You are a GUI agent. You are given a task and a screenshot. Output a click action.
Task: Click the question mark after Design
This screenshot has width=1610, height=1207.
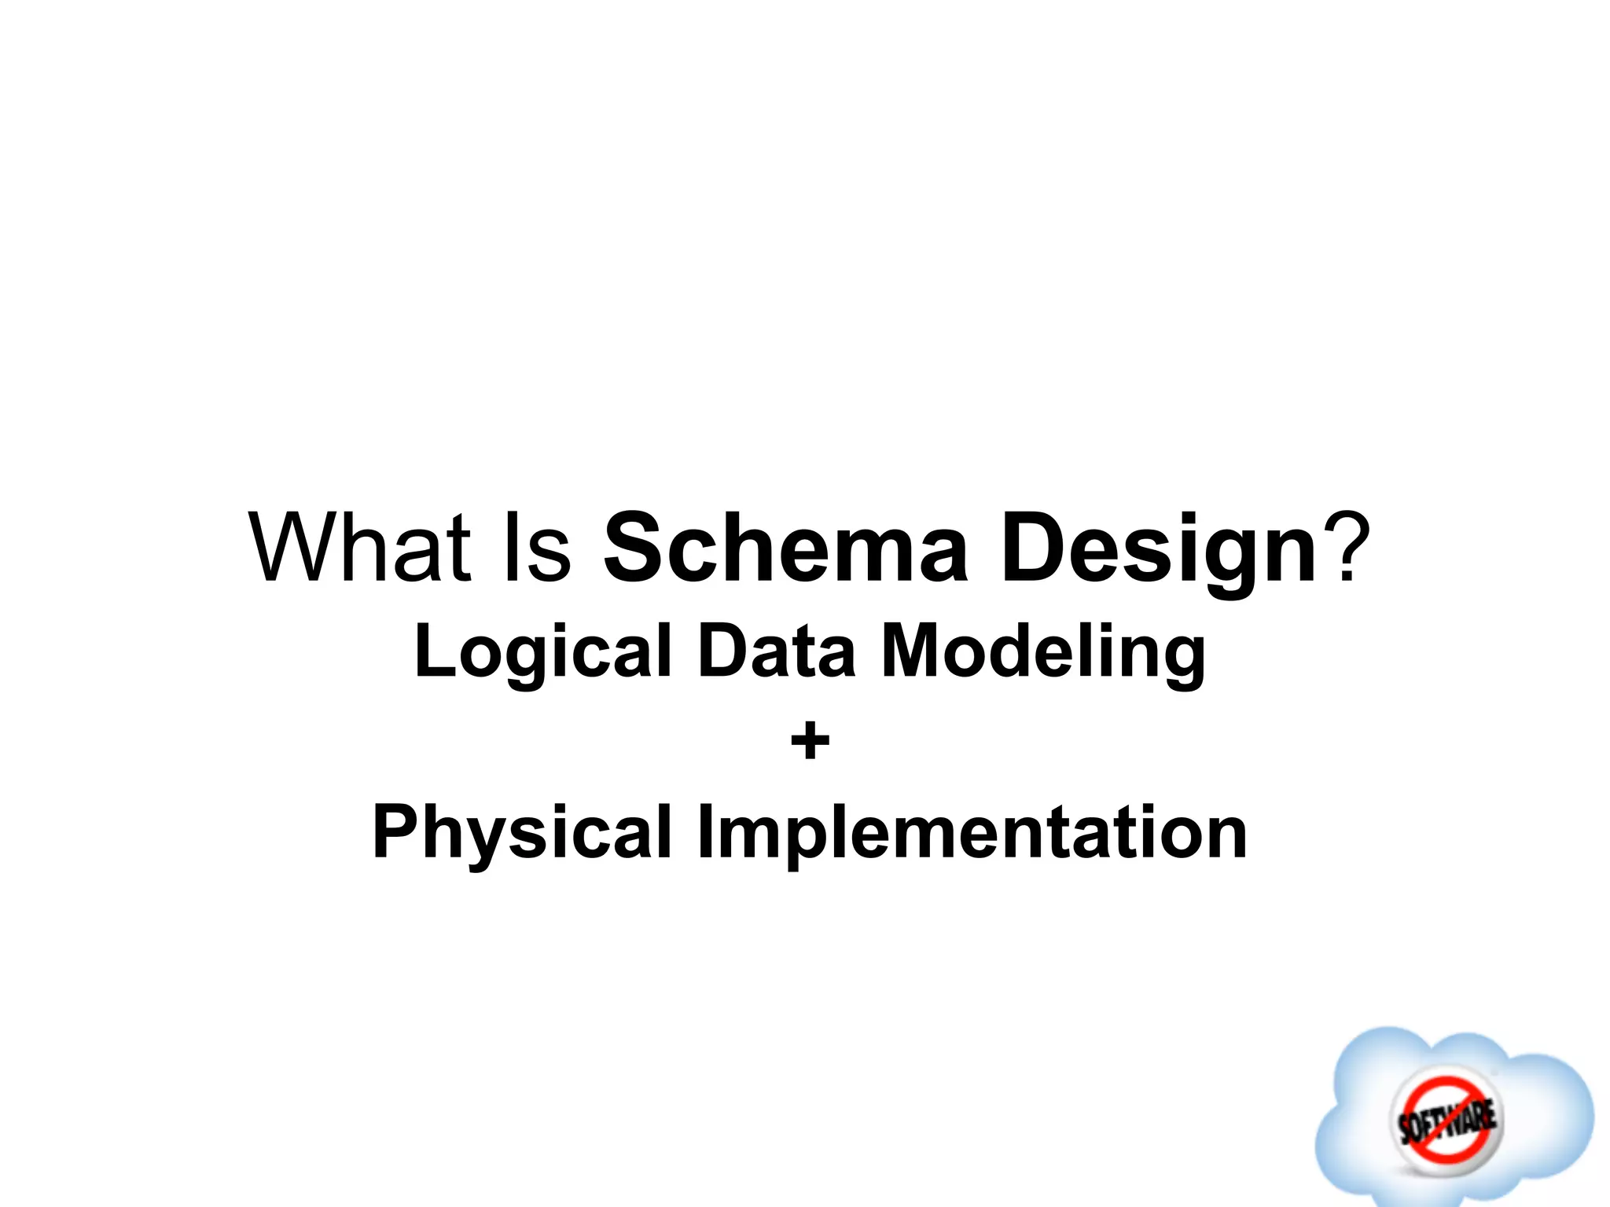click(1347, 547)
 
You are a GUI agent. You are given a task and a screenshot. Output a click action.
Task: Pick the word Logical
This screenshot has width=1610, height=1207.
click(542, 652)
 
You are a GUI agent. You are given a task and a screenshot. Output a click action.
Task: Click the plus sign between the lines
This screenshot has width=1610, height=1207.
click(810, 742)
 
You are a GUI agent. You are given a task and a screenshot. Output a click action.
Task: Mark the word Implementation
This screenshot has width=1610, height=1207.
click(972, 834)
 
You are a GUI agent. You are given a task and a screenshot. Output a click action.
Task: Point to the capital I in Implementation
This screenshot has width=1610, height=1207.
click(704, 832)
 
